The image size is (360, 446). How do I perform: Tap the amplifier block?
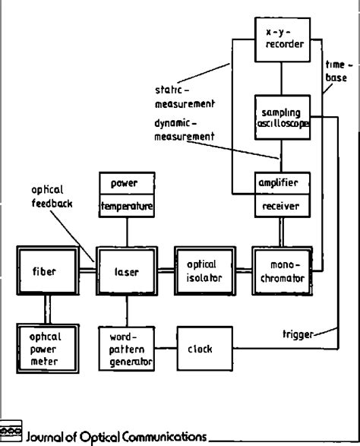tap(282, 182)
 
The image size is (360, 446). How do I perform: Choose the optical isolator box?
tap(204, 270)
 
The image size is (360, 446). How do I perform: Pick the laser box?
tap(127, 270)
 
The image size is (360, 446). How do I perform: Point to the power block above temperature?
tap(127, 183)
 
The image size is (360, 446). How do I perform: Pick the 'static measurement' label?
tap(182, 96)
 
